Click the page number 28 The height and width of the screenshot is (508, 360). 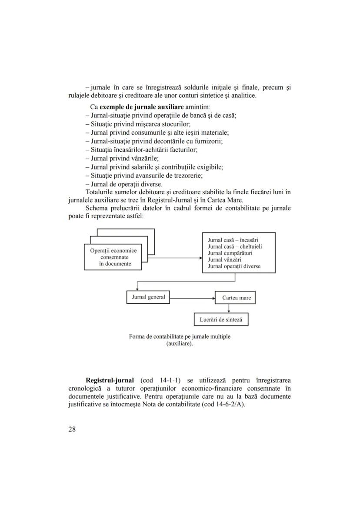[72, 429]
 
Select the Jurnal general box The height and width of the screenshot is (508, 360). [148, 297]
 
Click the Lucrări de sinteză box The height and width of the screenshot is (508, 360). [221, 320]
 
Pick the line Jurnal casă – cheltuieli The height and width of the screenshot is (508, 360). [235, 246]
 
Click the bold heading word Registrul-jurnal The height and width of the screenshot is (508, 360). [110, 381]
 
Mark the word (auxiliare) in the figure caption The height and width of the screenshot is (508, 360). [180, 343]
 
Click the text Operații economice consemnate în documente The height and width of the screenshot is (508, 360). [113, 257]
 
